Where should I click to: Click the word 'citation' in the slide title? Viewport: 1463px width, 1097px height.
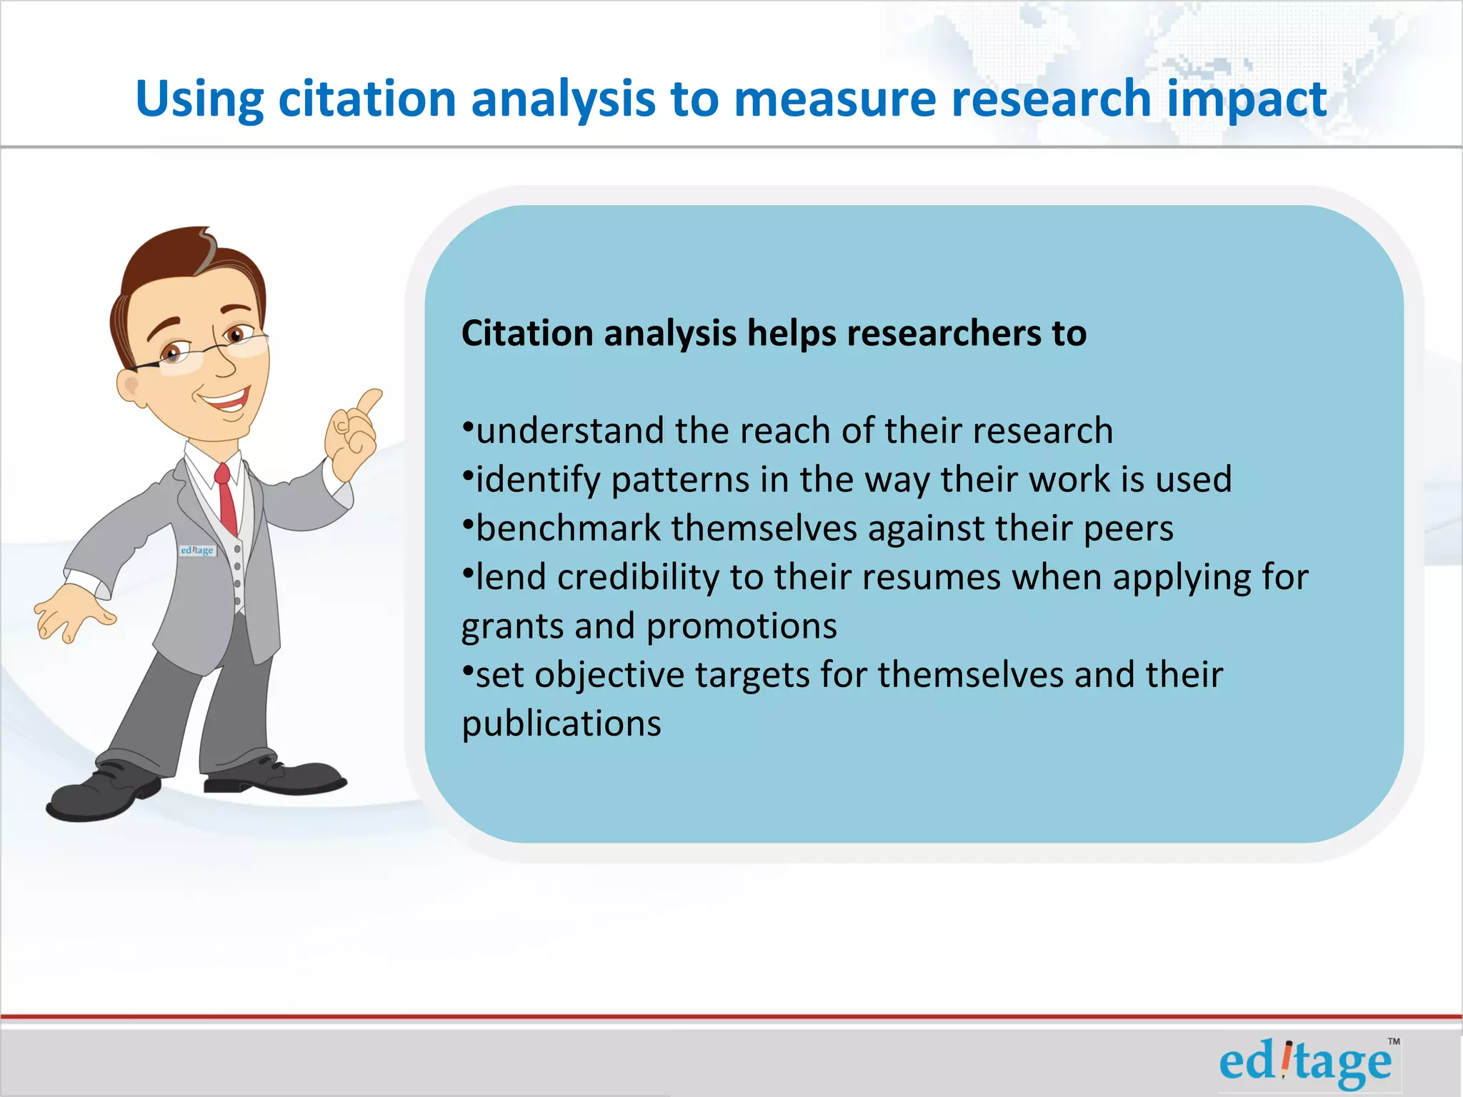pyautogui.click(x=367, y=99)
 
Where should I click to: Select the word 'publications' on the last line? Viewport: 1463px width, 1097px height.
pyautogui.click(x=561, y=723)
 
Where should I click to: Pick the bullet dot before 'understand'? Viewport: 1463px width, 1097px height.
pyautogui.click(x=468, y=428)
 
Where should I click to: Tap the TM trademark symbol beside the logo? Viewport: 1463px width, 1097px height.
pyautogui.click(x=1394, y=1041)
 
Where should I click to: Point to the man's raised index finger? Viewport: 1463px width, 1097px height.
pyautogui.click(x=370, y=401)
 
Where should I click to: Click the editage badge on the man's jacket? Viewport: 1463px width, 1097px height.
pyautogui.click(x=197, y=551)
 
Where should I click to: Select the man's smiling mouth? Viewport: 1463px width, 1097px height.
pyautogui.click(x=227, y=400)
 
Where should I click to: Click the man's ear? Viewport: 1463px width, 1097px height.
pyautogui.click(x=130, y=387)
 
